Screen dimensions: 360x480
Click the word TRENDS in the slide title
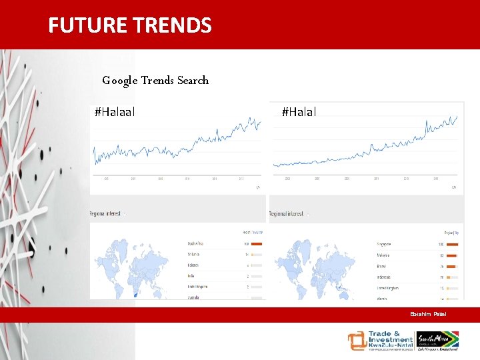pyautogui.click(x=172, y=25)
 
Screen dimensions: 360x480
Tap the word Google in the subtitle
pyautogui.click(x=120, y=81)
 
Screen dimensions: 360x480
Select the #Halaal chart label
pyautogui.click(x=115, y=112)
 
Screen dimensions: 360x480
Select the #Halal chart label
pyautogui.click(x=299, y=112)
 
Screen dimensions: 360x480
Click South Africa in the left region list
pyautogui.click(x=196, y=243)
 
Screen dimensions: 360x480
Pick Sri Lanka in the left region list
pyautogui.click(x=194, y=254)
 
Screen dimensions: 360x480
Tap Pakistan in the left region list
pyautogui.click(x=194, y=265)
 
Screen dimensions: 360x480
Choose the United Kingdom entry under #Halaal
pyautogui.click(x=198, y=287)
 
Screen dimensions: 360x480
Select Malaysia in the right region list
pyautogui.click(x=384, y=255)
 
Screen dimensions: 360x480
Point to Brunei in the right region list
pyautogui.click(x=382, y=265)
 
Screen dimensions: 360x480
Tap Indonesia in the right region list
pyautogui.click(x=385, y=276)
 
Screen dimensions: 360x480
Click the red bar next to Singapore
pyautogui.click(x=452, y=244)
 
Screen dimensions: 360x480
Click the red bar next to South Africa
pyautogui.click(x=257, y=243)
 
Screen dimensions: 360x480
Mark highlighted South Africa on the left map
pyautogui.click(x=137, y=293)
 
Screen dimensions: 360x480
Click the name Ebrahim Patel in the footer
pyautogui.click(x=428, y=314)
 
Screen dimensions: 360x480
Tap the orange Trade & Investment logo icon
pyautogui.click(x=357, y=341)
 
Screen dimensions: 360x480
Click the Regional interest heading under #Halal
pyautogui.click(x=287, y=214)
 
